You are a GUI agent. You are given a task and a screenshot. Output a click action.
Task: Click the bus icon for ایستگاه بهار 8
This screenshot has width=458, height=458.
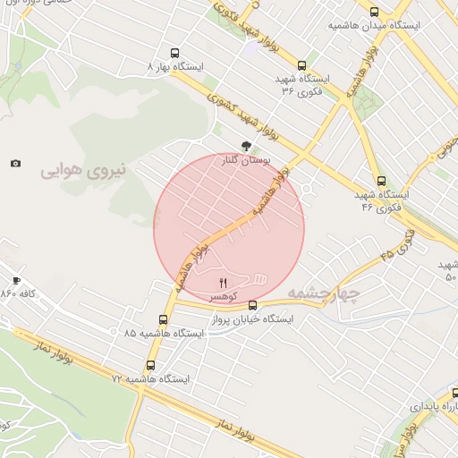click(x=174, y=53)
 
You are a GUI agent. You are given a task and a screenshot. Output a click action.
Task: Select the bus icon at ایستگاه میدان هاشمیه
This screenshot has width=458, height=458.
click(x=374, y=13)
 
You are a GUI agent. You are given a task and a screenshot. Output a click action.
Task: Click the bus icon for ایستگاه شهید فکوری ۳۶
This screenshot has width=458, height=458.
click(x=301, y=65)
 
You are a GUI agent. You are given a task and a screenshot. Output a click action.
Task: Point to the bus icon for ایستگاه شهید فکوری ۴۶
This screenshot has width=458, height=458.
click(x=382, y=180)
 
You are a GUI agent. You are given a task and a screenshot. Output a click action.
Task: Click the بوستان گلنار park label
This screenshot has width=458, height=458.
click(x=244, y=162)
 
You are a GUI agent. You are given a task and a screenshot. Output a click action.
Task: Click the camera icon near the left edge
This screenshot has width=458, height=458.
click(x=15, y=163)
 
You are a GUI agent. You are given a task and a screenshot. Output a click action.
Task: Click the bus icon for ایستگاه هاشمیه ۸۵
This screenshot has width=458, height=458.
click(x=163, y=319)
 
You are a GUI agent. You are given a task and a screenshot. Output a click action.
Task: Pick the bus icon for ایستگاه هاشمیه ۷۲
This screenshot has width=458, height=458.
click(x=149, y=365)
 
